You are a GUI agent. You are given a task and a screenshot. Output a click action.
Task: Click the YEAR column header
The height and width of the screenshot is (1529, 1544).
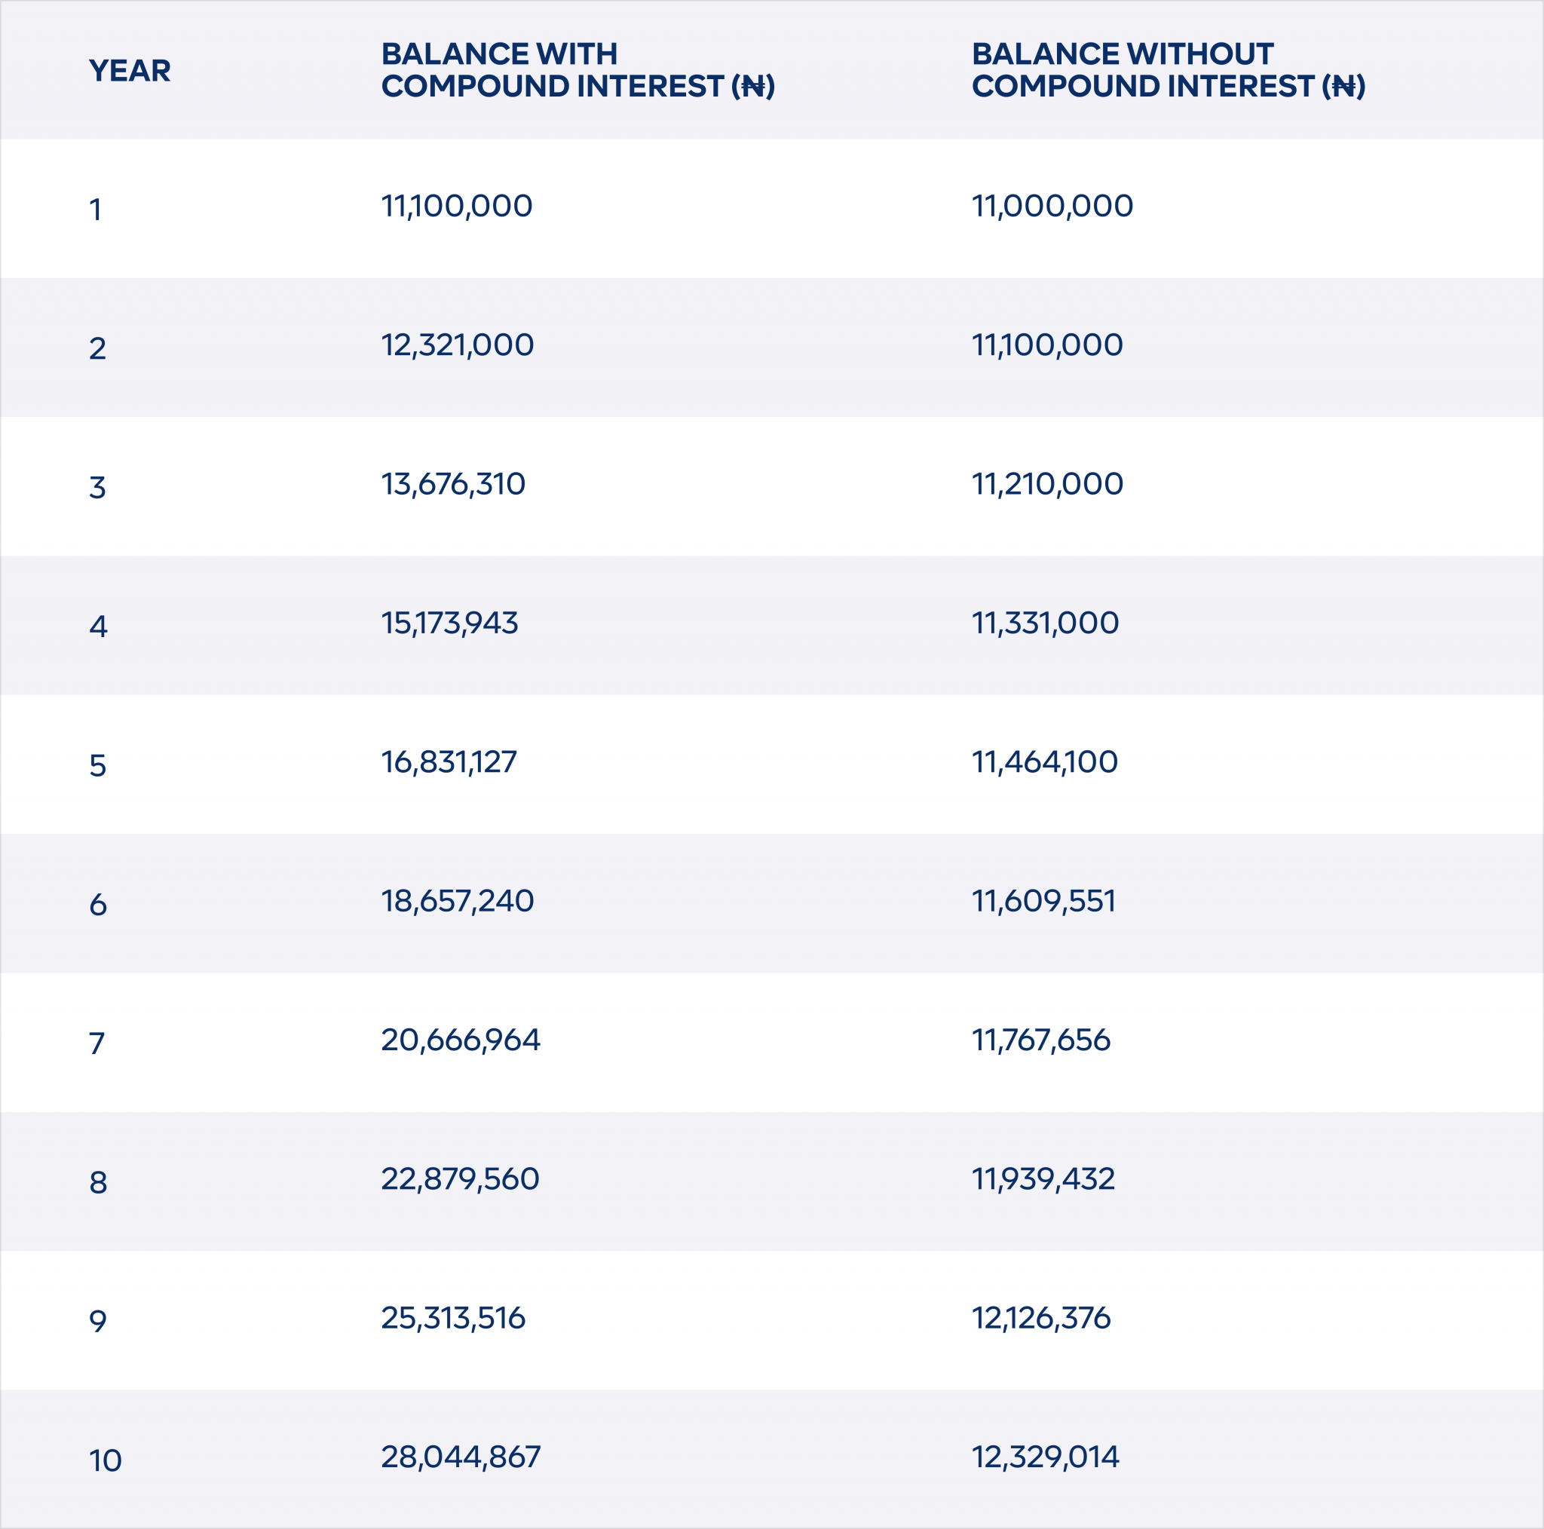coord(130,70)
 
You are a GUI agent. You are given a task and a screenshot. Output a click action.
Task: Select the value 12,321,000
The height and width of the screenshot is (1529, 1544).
coord(457,345)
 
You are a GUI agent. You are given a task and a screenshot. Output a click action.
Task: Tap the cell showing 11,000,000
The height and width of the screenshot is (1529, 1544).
coord(1052,207)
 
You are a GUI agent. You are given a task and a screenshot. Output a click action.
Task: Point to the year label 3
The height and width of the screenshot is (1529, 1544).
coord(97,487)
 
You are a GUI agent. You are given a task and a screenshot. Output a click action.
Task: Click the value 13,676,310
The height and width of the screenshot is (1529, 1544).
coord(453,483)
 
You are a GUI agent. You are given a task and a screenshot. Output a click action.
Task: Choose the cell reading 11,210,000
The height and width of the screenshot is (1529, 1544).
coord(1047,483)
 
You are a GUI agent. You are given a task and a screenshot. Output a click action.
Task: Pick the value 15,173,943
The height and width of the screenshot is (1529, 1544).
coord(449,623)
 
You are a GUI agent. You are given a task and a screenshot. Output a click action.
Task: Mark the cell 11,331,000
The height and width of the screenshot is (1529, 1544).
coord(1044,623)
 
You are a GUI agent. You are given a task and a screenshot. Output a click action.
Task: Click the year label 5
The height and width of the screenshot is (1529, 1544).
coord(97,765)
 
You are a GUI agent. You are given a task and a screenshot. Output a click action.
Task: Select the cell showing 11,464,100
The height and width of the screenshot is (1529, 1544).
coord(1044,761)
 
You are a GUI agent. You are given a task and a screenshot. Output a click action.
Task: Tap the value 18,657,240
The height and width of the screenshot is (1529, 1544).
coord(457,901)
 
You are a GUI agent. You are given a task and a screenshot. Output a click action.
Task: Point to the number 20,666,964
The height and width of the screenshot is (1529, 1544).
coord(461,1040)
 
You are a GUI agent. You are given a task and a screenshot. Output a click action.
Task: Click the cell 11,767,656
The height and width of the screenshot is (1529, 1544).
coord(1040,1040)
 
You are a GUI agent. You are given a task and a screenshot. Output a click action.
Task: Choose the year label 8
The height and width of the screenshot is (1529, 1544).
coord(97,1182)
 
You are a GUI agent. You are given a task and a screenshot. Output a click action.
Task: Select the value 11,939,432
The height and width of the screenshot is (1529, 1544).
coord(1043,1179)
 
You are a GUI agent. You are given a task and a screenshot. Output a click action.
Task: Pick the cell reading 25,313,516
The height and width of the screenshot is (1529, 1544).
coord(453,1318)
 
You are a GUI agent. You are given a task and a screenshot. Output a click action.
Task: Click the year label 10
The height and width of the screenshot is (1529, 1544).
coord(106,1460)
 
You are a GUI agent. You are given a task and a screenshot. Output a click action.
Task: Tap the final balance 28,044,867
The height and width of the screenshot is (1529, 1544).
coord(461,1457)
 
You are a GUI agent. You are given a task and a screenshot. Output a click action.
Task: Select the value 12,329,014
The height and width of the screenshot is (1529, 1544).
coord(1044,1457)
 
